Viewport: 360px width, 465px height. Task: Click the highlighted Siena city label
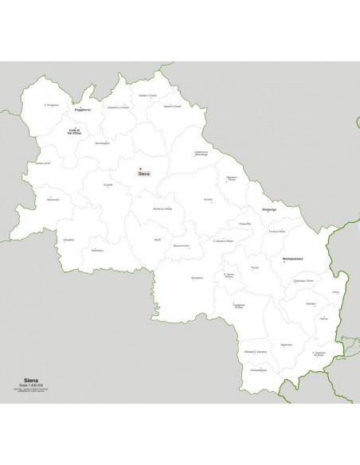pos(144,174)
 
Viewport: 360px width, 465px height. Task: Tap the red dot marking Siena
pos(140,169)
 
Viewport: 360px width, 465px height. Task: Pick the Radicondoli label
pos(53,199)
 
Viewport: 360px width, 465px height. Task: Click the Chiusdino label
pos(69,239)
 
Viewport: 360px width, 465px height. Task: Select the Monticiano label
pos(98,251)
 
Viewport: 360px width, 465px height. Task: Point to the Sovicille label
pos(108,185)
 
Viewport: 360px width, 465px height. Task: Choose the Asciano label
pos(208,198)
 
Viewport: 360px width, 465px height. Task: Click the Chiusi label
pos(335,293)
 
